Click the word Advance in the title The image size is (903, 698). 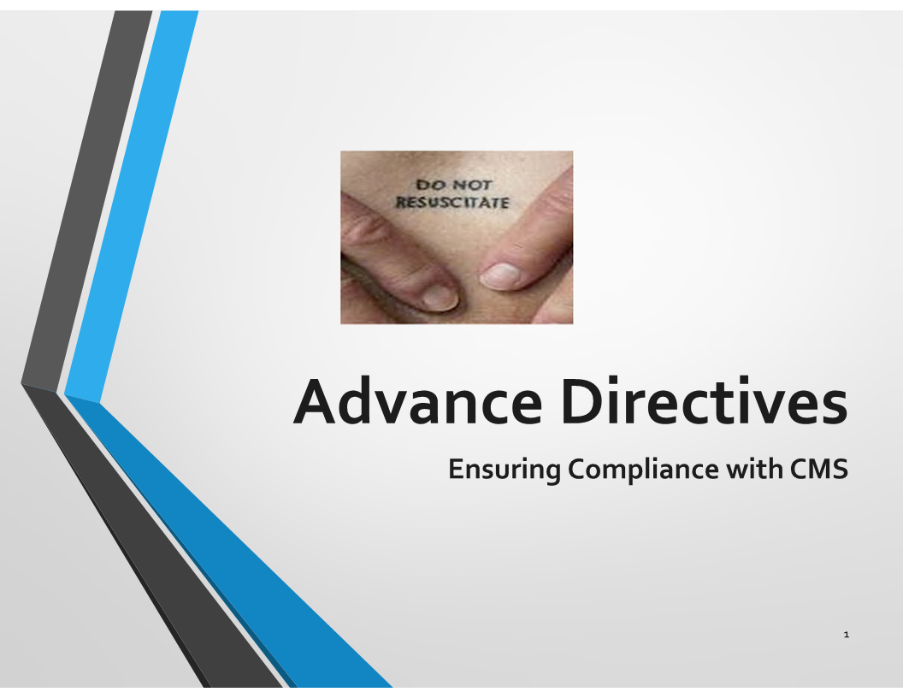tap(417, 400)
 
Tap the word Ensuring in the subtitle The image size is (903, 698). tap(504, 470)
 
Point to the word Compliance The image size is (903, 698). tap(643, 470)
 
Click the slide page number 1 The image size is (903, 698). tap(846, 635)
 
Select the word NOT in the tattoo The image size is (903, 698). tap(472, 185)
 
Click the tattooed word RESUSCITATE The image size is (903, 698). tap(452, 202)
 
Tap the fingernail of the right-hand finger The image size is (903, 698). tap(500, 275)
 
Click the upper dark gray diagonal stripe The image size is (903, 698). tap(86, 196)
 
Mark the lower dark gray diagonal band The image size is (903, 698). tap(150, 535)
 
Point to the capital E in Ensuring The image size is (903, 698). tap(457, 469)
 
